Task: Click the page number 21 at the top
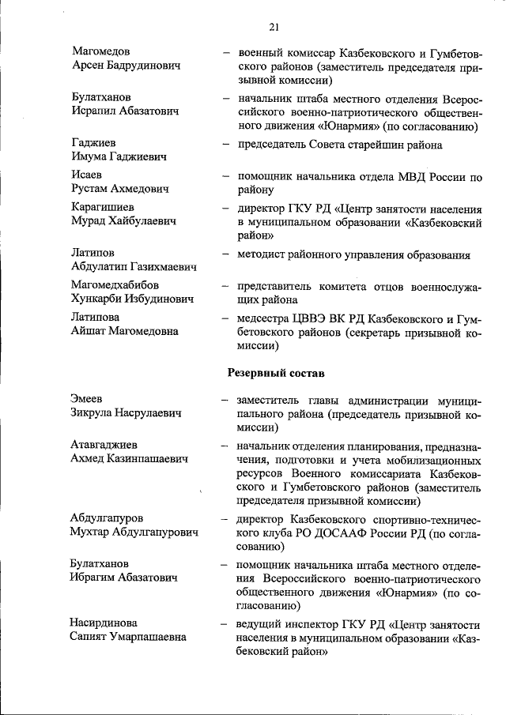274,27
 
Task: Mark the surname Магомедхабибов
115,285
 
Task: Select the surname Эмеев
87,399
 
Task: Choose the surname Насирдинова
104,623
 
